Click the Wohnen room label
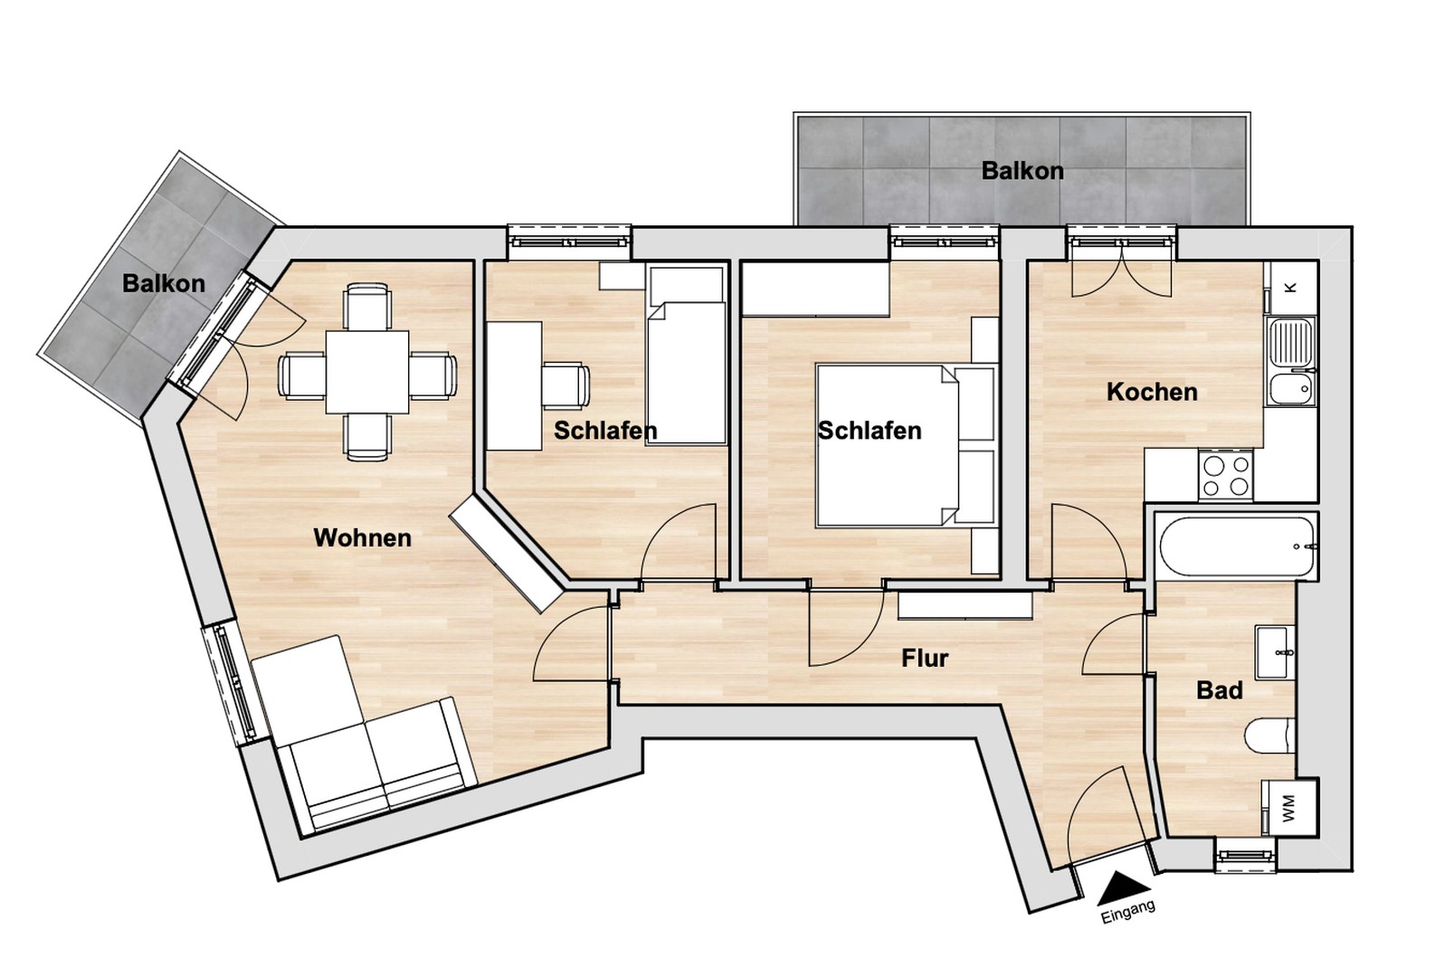[x=362, y=537]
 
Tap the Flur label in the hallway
[x=925, y=658]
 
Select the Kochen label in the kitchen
[x=1151, y=392]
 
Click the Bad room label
[x=1219, y=690]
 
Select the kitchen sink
[x=1290, y=362]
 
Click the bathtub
[x=1236, y=546]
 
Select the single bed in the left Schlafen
[x=688, y=371]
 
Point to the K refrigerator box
[x=1290, y=287]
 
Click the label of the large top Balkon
[x=1022, y=170]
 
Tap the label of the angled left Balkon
[x=164, y=283]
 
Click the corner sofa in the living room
[x=362, y=742]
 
